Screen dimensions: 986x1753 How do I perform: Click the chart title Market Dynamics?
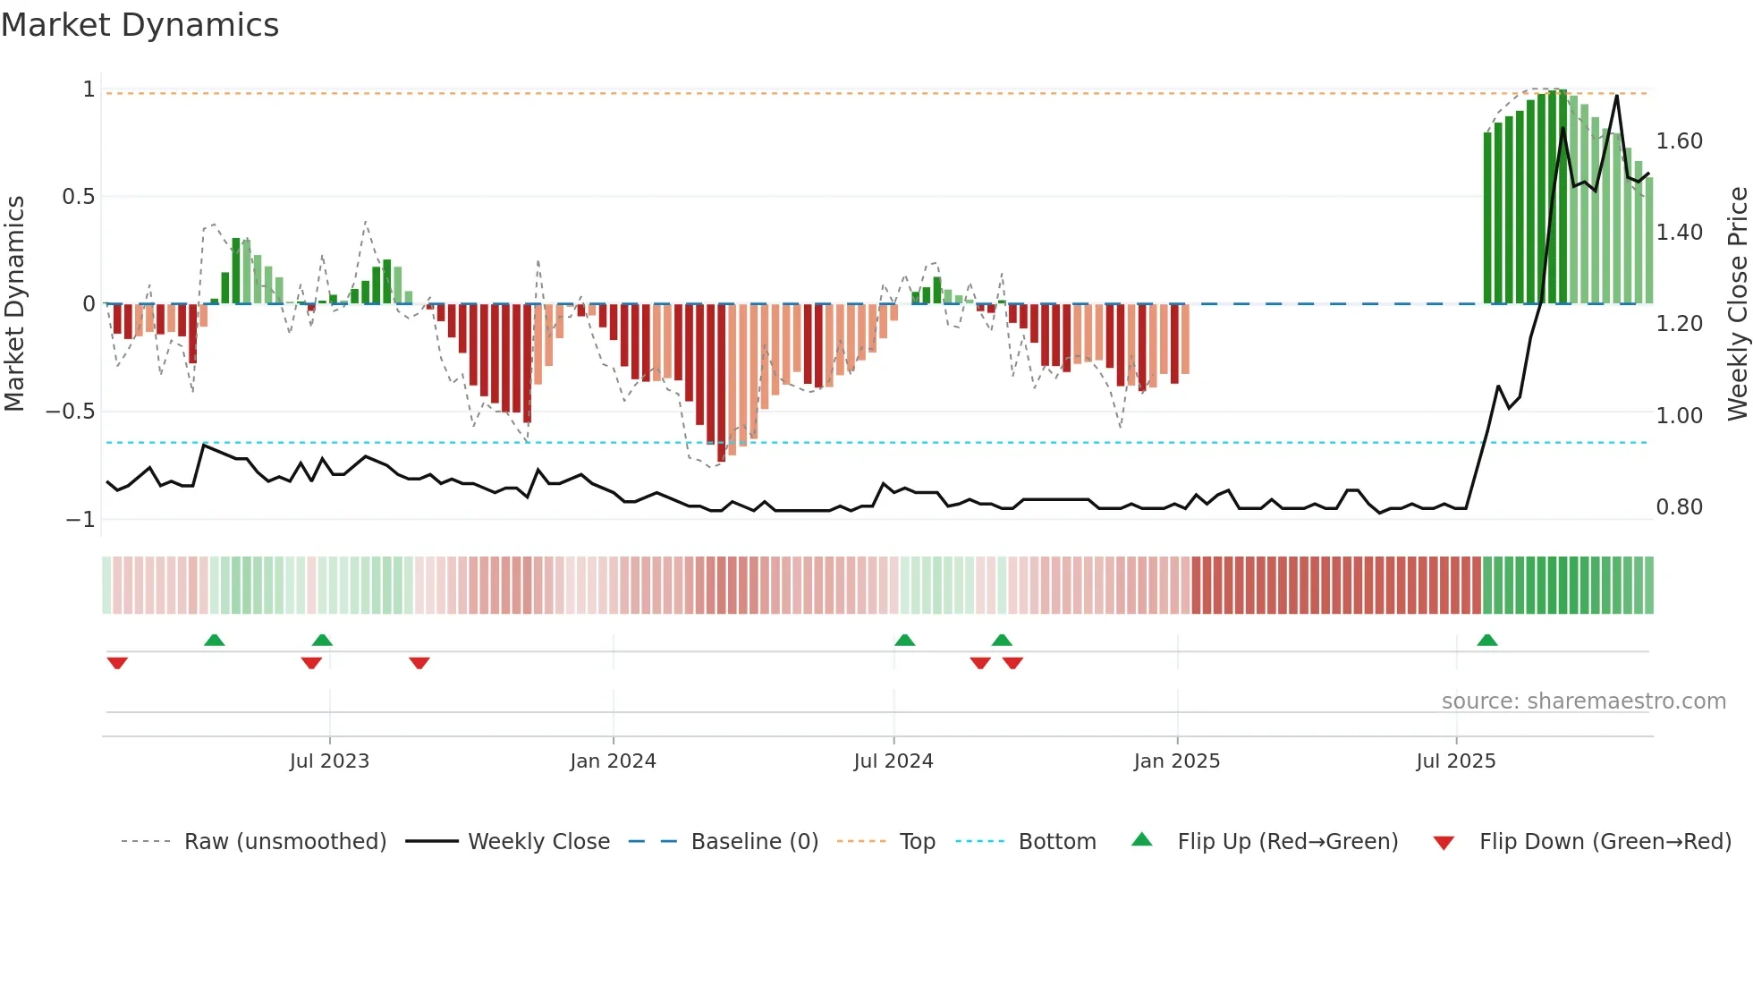coord(140,25)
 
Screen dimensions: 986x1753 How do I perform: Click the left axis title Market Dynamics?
coord(14,304)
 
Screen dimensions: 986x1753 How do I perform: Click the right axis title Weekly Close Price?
coord(1737,304)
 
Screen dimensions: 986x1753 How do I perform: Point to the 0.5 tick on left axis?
coord(79,197)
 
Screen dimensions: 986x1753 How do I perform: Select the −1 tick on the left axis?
coord(80,520)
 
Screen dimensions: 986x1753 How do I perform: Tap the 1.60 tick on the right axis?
coord(1679,141)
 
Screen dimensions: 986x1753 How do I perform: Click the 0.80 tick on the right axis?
coord(1679,507)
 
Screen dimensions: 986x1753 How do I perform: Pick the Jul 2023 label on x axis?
coord(329,761)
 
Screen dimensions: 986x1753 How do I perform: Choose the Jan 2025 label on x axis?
coord(1176,761)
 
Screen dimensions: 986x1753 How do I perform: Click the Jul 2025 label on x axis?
coord(1455,761)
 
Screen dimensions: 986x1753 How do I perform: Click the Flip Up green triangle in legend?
coord(1142,840)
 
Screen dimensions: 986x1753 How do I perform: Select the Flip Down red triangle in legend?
coord(1444,843)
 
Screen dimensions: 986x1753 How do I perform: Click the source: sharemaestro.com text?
coord(1583,701)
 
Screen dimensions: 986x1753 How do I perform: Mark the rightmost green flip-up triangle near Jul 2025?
coord(1487,641)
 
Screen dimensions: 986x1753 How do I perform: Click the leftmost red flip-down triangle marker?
coord(117,663)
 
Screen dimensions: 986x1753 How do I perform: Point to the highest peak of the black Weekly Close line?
coord(1617,96)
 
